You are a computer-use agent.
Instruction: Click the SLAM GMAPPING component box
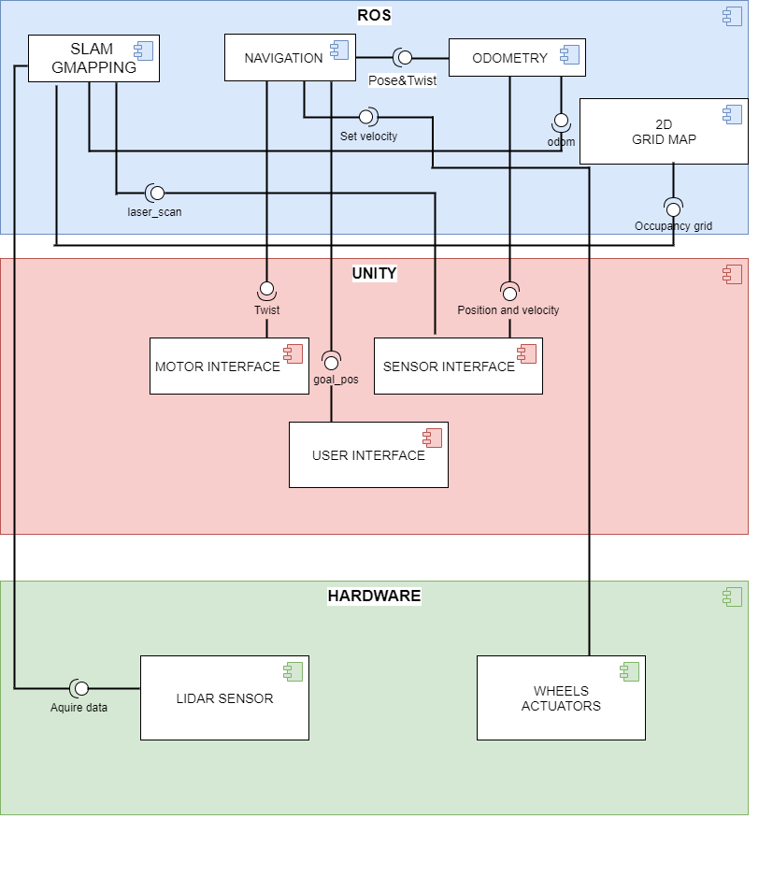93,58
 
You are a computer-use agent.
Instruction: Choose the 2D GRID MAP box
664,131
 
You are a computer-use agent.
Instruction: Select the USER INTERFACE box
368,455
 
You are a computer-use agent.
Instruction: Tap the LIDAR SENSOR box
224,698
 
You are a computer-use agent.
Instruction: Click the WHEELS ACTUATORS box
561,698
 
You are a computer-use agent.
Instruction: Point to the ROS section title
374,15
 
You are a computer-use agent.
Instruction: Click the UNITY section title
374,273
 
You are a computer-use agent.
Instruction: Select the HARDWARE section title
374,596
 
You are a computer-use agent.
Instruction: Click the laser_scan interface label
154,212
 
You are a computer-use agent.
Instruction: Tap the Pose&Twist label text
402,80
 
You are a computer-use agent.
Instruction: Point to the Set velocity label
368,137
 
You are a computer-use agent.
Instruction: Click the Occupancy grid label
673,225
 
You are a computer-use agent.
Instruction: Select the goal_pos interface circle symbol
331,362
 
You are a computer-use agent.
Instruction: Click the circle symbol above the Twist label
266,288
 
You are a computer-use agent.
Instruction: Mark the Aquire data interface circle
79,688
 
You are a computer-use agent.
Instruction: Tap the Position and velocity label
508,309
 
